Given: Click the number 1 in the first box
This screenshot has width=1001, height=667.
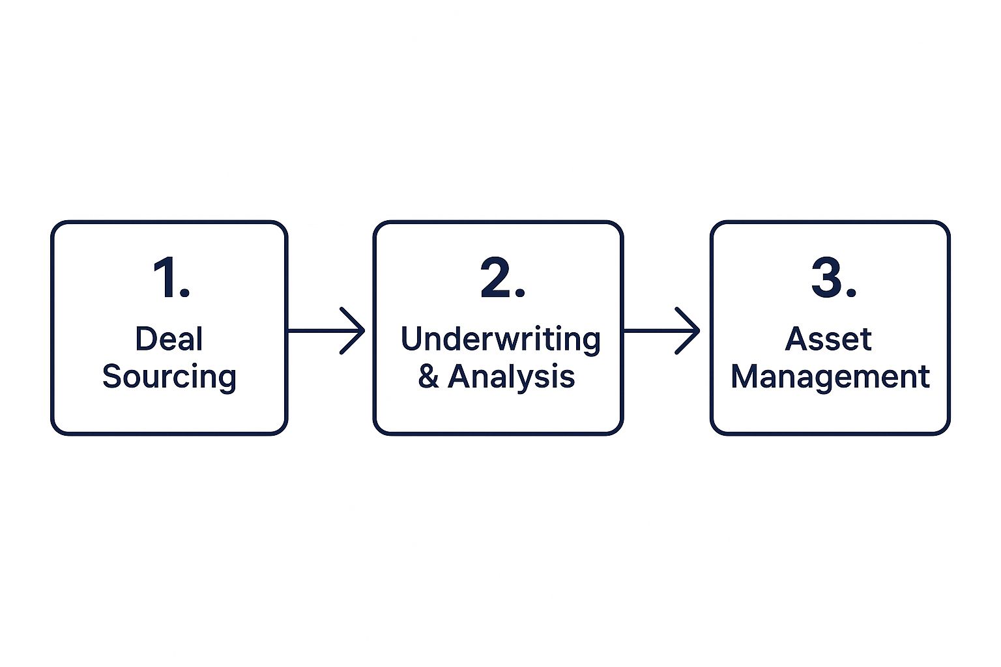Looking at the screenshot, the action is click(x=165, y=277).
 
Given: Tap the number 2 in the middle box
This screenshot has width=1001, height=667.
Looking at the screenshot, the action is click(x=495, y=277).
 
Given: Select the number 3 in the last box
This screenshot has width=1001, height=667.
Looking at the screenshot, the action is click(x=826, y=277).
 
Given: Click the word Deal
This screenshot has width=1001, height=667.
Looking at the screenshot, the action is click(x=169, y=339).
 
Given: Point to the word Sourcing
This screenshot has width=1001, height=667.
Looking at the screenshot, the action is click(x=169, y=378).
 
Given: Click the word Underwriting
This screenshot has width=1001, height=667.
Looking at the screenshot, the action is click(x=500, y=339).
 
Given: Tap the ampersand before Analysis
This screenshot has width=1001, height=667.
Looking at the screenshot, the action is click(x=429, y=376).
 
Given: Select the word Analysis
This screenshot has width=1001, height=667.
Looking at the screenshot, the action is click(x=511, y=378).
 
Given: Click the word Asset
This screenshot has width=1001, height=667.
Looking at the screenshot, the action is click(x=828, y=339).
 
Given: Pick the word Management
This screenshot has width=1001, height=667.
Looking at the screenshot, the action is click(x=830, y=378).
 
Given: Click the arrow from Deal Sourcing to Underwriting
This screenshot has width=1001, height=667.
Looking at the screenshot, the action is click(x=326, y=331).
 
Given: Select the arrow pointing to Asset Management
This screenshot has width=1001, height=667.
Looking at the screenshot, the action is click(x=661, y=331).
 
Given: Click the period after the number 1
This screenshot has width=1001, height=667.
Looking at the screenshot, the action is click(x=185, y=292).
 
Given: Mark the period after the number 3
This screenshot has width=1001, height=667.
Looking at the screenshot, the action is click(x=851, y=292).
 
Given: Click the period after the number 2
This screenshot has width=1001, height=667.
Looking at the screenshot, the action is click(x=519, y=292).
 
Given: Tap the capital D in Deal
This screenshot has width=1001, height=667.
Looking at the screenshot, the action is click(x=146, y=339).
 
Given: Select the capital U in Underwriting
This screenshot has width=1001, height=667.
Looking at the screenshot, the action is click(x=411, y=339).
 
